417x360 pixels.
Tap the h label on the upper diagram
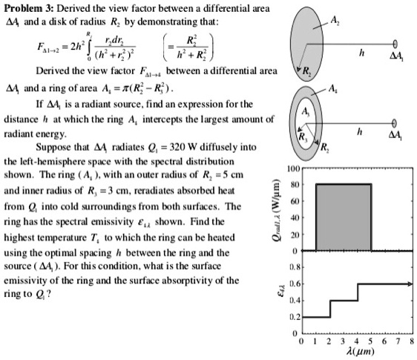coord(361,53)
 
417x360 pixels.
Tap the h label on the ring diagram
coord(361,131)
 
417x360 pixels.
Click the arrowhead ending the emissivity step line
coord(410,283)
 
